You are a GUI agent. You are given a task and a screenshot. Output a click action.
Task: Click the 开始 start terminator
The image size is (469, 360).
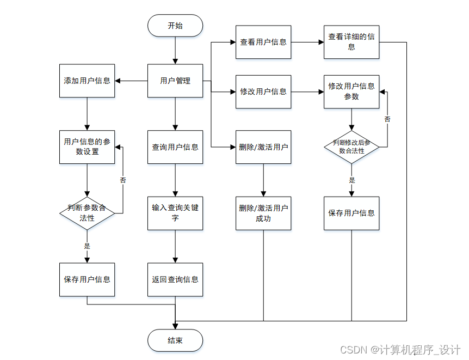click(175, 26)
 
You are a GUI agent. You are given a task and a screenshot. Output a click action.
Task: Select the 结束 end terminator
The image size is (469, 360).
click(175, 341)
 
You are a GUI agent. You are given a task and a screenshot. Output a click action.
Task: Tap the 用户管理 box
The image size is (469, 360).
click(175, 81)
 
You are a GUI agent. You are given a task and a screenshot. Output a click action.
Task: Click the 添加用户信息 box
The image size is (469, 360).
click(87, 81)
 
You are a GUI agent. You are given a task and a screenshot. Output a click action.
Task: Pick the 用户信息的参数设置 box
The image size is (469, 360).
click(87, 147)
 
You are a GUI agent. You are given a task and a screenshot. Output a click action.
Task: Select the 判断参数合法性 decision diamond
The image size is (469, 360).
click(87, 213)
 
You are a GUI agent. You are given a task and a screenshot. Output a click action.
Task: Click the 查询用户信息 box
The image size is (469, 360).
click(175, 147)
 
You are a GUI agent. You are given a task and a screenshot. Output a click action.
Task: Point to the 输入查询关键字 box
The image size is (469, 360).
click(175, 213)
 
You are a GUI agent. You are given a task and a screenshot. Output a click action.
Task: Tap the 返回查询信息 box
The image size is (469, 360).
click(175, 279)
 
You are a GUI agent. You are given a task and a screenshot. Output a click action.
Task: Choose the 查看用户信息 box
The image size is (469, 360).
click(263, 42)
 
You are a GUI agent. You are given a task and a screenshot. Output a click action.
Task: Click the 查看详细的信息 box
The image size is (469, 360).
click(351, 42)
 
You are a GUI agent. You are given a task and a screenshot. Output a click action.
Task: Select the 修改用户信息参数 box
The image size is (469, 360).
click(351, 91)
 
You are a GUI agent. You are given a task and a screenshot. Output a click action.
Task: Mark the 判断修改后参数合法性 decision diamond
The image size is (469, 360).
click(351, 147)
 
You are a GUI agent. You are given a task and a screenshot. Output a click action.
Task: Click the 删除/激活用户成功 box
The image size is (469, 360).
click(263, 213)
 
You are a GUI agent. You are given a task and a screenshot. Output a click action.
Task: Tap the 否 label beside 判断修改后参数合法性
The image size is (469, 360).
click(387, 119)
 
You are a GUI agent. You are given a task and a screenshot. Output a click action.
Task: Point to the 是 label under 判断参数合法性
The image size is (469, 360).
click(87, 246)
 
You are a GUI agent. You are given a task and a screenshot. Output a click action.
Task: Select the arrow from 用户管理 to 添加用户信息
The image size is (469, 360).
click(131, 81)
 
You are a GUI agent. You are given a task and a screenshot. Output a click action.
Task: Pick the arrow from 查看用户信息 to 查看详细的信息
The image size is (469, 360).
click(307, 42)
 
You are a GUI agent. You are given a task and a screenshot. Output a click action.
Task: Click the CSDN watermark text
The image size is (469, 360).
click(400, 350)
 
